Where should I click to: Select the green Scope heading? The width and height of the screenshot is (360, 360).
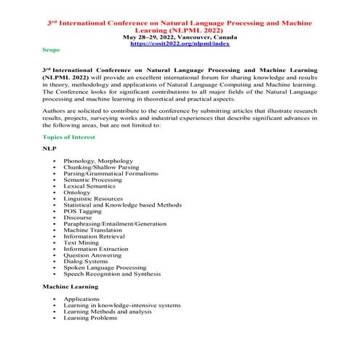(52, 51)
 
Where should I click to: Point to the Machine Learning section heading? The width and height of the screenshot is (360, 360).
(68, 288)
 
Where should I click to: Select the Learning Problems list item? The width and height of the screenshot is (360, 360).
(90, 318)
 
